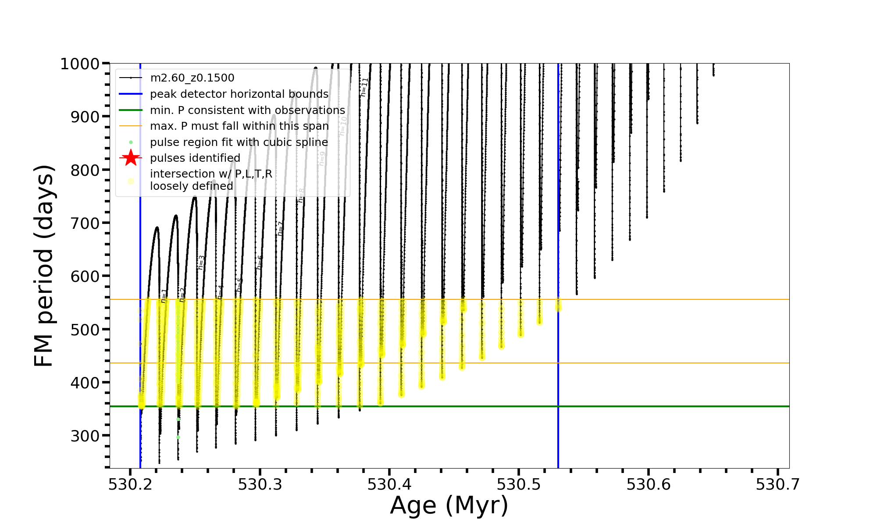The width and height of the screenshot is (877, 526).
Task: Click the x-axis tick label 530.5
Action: (x=519, y=484)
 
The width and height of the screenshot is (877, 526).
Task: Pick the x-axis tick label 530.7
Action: (x=777, y=484)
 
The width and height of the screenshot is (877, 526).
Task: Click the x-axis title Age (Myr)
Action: (x=449, y=505)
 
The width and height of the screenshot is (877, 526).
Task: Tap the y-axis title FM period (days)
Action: (x=44, y=266)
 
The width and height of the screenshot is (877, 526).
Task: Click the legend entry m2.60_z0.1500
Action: (x=192, y=78)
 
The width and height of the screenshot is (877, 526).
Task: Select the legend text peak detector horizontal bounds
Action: (x=239, y=94)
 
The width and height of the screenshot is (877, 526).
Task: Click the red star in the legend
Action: (x=131, y=158)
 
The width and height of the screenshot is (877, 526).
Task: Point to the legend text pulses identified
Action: (x=195, y=158)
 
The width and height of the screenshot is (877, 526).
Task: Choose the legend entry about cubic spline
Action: (x=239, y=142)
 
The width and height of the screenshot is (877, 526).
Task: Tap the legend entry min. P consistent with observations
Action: (x=247, y=110)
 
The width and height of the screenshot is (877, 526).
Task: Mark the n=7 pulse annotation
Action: (x=280, y=229)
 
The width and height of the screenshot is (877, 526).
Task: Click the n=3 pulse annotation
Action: (x=201, y=262)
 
